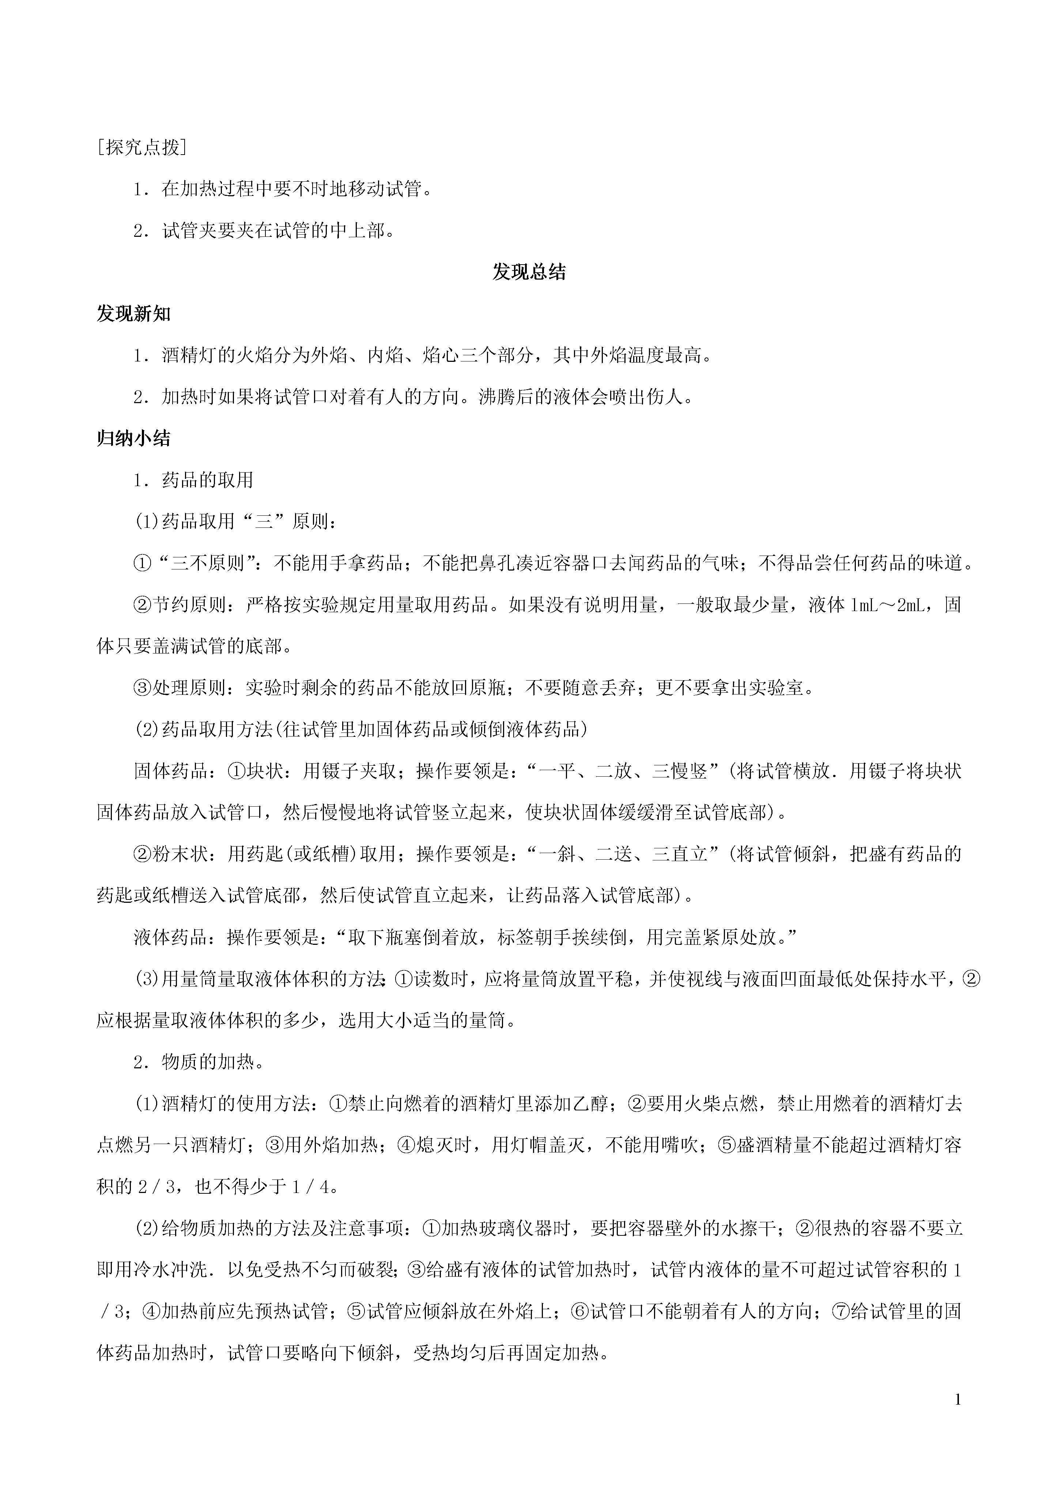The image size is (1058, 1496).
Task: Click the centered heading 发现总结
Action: [529, 272]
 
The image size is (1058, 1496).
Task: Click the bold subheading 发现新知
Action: [134, 314]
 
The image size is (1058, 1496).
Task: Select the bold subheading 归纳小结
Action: [134, 439]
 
